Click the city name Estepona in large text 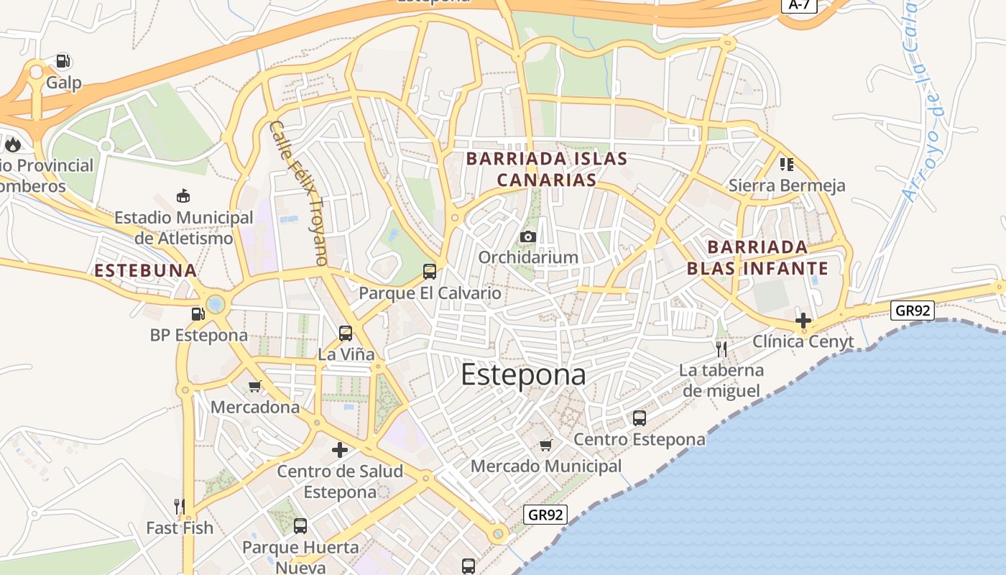coord(523,375)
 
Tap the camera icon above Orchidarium coord(528,236)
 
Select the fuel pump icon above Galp coord(63,62)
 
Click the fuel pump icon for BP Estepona coord(198,313)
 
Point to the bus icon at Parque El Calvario coord(430,271)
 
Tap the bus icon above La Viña coord(346,333)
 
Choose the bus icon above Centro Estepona coord(639,418)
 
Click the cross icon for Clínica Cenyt coord(803,321)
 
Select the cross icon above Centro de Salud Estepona coord(340,451)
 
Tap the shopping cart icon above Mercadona coord(254,386)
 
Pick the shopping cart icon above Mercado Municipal coord(546,445)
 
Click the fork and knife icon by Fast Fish coord(180,506)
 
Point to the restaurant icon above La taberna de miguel coord(721,349)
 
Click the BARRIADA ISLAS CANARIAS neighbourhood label coord(547,169)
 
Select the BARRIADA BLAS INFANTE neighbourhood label coord(757,258)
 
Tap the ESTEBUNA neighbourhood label coord(146,270)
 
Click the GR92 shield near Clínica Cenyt coord(912,310)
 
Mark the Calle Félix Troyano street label coord(298,193)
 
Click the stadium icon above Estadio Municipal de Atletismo coord(183,195)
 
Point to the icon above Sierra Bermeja coord(786,165)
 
